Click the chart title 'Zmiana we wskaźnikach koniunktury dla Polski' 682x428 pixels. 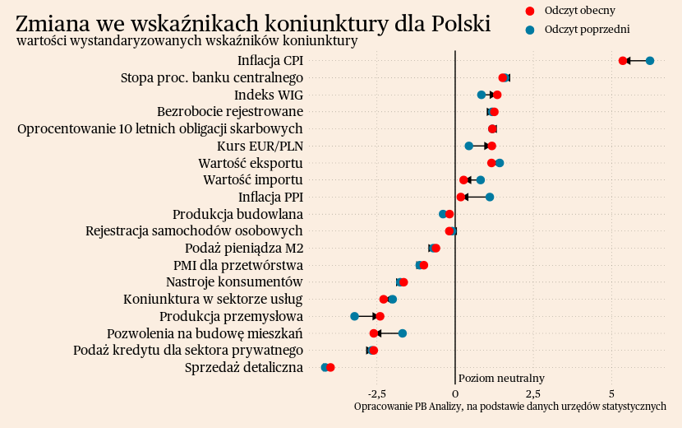pyautogui.click(x=253, y=23)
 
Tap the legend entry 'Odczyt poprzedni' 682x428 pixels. pyautogui.click(x=587, y=30)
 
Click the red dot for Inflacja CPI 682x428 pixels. pyautogui.click(x=623, y=61)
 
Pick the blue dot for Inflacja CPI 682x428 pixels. pyautogui.click(x=650, y=61)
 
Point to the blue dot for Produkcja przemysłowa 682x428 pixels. pyautogui.click(x=355, y=316)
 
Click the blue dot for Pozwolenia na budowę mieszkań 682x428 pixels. pyautogui.click(x=403, y=333)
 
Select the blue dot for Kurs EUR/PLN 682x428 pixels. pyautogui.click(x=469, y=146)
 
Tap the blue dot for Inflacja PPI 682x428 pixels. pyautogui.click(x=490, y=197)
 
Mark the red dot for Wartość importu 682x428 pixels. pyautogui.click(x=463, y=179)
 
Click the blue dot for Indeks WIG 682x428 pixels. pyautogui.click(x=482, y=95)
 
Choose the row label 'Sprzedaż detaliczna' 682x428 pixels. pyautogui.click(x=244, y=367)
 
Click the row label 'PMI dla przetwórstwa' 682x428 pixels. pyautogui.click(x=238, y=265)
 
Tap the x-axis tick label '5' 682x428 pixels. pyautogui.click(x=611, y=393)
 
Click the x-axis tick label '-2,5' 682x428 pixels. pyautogui.click(x=376, y=393)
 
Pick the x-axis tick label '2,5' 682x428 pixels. pyautogui.click(x=532, y=393)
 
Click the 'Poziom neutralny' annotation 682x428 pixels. pyautogui.click(x=501, y=378)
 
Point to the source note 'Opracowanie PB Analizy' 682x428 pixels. pyautogui.click(x=509, y=407)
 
